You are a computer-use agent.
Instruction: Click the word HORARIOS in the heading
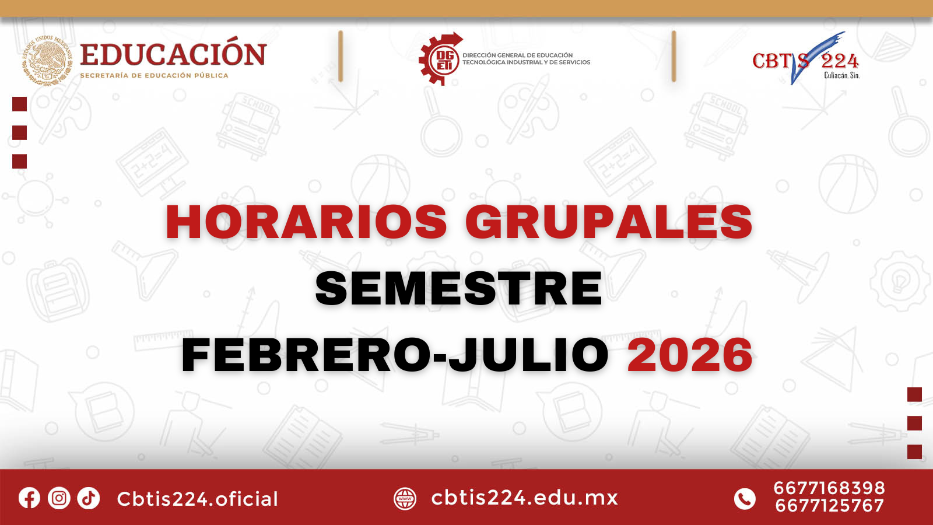(x=307, y=222)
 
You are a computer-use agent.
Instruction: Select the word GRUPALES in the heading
(x=609, y=222)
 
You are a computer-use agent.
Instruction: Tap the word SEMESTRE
(x=458, y=288)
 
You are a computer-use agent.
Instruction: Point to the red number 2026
(x=690, y=355)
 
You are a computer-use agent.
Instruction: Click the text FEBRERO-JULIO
(x=395, y=355)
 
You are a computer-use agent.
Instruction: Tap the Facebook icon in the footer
(x=29, y=498)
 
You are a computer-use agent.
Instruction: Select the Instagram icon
(x=59, y=498)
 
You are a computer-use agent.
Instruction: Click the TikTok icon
(x=88, y=498)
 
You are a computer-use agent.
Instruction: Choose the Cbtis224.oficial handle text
(x=198, y=499)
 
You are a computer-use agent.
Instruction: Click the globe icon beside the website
(x=405, y=499)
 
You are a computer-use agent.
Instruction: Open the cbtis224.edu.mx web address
(x=524, y=498)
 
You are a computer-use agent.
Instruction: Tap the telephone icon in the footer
(x=744, y=499)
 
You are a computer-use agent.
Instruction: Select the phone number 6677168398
(x=829, y=488)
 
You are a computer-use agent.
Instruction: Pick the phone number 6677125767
(x=829, y=506)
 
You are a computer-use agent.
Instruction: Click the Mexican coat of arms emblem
(x=47, y=61)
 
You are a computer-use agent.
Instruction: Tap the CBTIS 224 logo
(x=806, y=58)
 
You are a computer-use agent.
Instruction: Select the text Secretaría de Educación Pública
(x=154, y=75)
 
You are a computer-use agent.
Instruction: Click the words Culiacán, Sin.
(x=842, y=75)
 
